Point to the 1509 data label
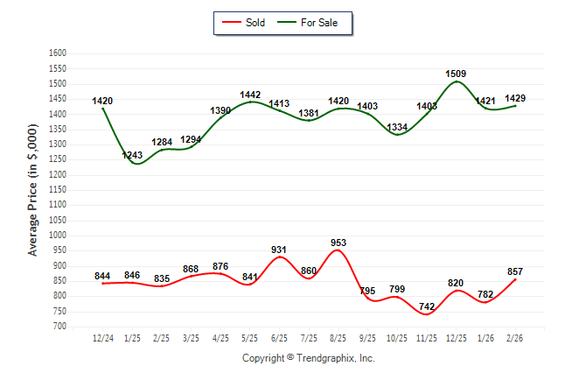point(457,74)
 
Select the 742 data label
point(427,306)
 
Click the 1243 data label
point(132,155)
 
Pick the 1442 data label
point(250,95)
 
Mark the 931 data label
point(279,250)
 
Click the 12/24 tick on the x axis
point(102,337)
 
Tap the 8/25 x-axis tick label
point(338,337)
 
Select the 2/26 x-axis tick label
point(515,337)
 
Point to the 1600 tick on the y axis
point(57,53)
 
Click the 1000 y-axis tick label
point(57,236)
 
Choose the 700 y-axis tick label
point(59,327)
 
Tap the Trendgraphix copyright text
point(308,358)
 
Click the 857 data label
point(515,272)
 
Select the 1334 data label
point(397,128)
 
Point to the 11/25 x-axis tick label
point(427,337)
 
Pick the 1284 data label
point(162,142)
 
